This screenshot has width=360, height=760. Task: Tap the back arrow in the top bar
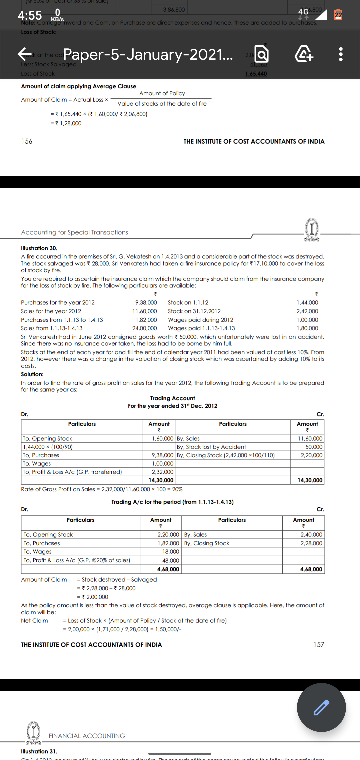tap(25, 54)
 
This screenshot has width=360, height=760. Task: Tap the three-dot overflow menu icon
tap(340, 54)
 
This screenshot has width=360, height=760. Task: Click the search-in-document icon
tap(261, 54)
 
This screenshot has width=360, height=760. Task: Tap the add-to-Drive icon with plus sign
tap(304, 54)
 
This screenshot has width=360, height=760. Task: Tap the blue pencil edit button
tap(321, 707)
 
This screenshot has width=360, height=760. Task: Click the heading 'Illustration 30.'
tap(39, 248)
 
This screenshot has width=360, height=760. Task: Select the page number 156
tap(27, 141)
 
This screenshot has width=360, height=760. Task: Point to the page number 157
tap(319, 645)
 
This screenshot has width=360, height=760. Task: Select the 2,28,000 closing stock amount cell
tap(311, 543)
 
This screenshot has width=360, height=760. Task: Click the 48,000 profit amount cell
tap(170, 561)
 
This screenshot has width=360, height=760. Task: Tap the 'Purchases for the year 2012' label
tap(58, 303)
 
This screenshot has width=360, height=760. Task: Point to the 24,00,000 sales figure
tap(144, 328)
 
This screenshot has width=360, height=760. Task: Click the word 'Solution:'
tap(32, 374)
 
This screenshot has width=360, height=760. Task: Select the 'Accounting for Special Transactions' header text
tap(74, 232)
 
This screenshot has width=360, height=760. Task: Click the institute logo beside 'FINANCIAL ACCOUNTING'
tap(33, 733)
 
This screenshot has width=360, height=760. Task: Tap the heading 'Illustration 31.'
tap(39, 752)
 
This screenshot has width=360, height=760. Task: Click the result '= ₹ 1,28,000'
tap(66, 123)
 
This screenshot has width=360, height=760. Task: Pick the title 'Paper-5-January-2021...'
tap(148, 54)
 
